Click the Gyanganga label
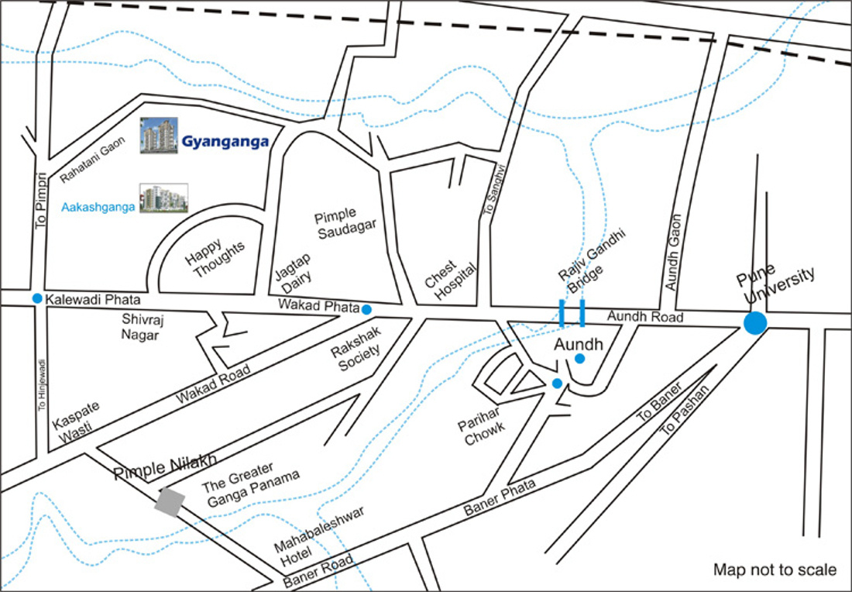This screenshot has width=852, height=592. point(225,142)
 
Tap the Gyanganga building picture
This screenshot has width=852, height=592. point(159,136)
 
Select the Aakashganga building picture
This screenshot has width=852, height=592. point(163,199)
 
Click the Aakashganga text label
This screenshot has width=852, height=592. point(98,207)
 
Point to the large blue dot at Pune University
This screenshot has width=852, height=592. point(755,323)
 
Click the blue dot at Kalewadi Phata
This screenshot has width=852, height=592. point(37,298)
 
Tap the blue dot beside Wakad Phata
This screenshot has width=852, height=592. point(366,309)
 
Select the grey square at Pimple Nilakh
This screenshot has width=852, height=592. point(170,501)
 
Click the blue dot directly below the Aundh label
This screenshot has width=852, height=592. point(579,358)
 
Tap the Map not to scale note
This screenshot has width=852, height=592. point(775,570)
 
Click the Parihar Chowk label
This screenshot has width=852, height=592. point(480,423)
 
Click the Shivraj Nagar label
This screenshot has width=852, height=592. point(140,326)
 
